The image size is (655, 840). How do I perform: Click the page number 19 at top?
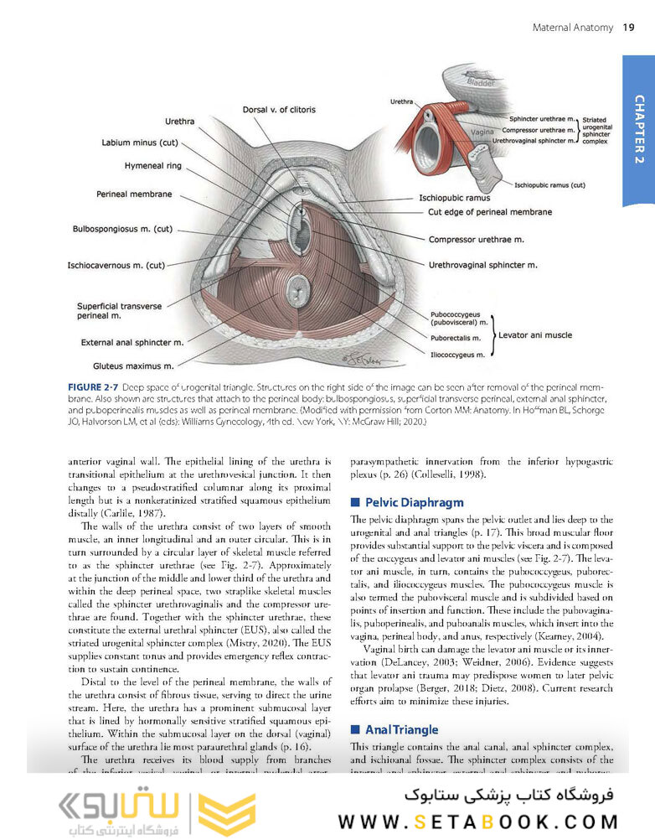point(628,29)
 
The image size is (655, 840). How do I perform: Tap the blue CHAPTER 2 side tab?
point(638,131)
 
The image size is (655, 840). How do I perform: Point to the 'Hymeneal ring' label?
point(152,166)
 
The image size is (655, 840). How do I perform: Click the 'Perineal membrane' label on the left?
point(135,194)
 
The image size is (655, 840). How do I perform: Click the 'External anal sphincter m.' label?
point(132,342)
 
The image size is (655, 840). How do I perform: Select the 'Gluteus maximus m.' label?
point(133,366)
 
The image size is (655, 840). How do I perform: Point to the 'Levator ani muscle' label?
point(535,334)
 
